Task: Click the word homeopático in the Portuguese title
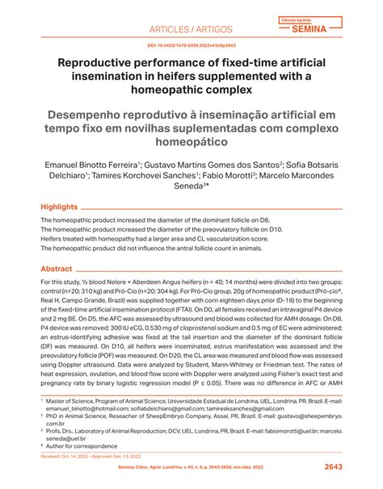click(x=191, y=140)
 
